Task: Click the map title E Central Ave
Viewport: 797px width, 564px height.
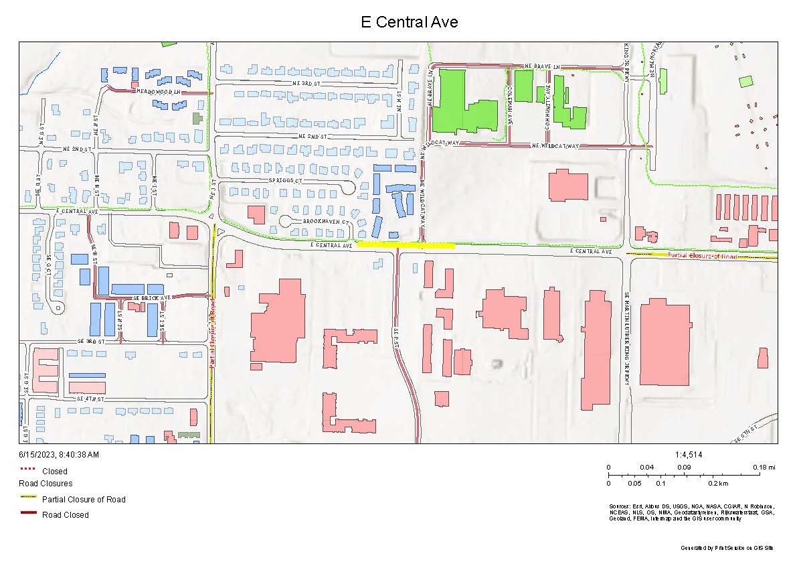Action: (x=409, y=21)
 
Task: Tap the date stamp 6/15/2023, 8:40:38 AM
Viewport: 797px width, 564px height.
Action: (x=59, y=455)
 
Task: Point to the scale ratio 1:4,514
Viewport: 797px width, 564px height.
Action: (x=689, y=455)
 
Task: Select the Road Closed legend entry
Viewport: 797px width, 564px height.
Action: (x=65, y=514)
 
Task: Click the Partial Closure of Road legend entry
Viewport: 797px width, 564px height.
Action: (x=83, y=499)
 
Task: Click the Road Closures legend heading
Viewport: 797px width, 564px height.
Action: (x=46, y=483)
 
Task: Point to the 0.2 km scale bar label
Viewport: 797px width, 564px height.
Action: (x=717, y=483)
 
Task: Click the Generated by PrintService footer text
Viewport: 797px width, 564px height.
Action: (x=727, y=548)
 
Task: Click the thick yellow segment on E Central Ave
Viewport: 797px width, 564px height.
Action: (x=406, y=245)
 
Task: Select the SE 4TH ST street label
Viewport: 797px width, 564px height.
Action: (x=92, y=399)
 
